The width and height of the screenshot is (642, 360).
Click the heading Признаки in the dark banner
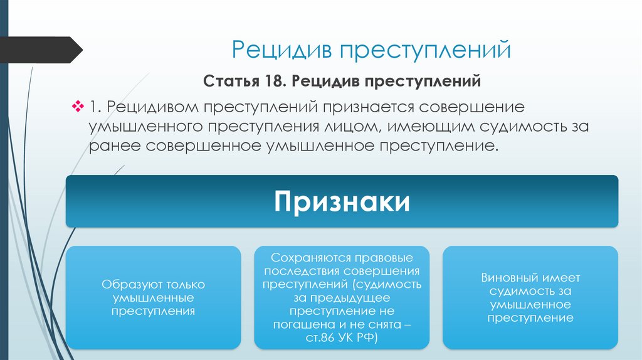[342, 202]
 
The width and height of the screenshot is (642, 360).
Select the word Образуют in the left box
[128, 285]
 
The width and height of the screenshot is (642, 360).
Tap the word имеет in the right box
[560, 278]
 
